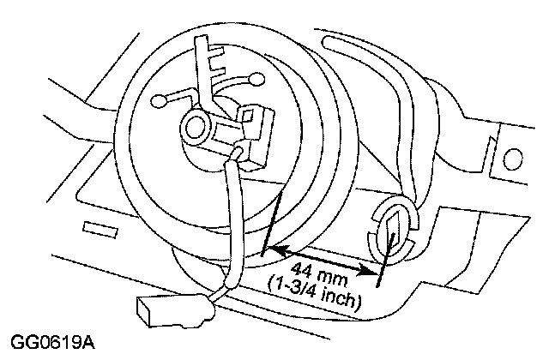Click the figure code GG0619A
click(x=52, y=342)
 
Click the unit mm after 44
click(x=334, y=278)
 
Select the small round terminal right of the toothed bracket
click(x=256, y=79)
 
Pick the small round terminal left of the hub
click(x=160, y=101)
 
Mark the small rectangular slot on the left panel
click(x=100, y=229)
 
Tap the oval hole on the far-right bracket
click(x=513, y=158)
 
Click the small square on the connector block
click(x=248, y=116)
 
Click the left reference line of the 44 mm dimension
click(x=272, y=223)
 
